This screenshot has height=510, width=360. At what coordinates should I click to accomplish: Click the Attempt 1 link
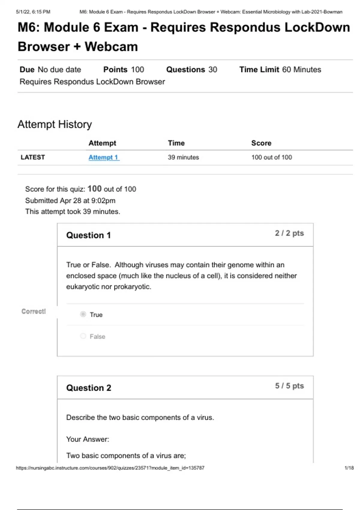coord(104,157)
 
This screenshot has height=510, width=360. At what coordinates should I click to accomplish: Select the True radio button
coord(83,314)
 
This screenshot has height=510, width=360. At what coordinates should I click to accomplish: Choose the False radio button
coord(83,336)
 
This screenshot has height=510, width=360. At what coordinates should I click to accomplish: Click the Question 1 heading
coord(88,235)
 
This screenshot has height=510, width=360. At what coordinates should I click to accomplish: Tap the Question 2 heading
coord(88,388)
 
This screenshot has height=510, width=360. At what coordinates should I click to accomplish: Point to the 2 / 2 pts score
coord(289,233)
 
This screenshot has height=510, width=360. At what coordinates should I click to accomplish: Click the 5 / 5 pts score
coord(289,386)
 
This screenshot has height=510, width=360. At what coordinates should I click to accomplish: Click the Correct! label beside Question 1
coord(34,311)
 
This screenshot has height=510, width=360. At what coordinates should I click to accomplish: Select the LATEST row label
coord(33,157)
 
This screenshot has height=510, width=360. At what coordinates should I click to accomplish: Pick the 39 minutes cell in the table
coord(183,157)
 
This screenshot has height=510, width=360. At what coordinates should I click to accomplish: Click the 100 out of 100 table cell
coord(271,157)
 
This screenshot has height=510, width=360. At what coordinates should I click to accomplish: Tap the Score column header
coord(261,143)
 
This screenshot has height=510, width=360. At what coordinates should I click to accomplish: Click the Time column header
coord(176,143)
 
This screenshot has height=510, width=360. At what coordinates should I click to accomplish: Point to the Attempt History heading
coord(55,124)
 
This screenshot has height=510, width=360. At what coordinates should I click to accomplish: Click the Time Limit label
coord(259,70)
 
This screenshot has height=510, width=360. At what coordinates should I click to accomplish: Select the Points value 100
coord(137,70)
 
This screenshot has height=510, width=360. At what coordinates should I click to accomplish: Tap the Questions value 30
coord(213,70)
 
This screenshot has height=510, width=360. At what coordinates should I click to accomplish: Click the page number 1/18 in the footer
coord(349,468)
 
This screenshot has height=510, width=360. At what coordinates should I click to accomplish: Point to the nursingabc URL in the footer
coord(110,468)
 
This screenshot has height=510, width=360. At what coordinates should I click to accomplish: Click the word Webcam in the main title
coord(111,47)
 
